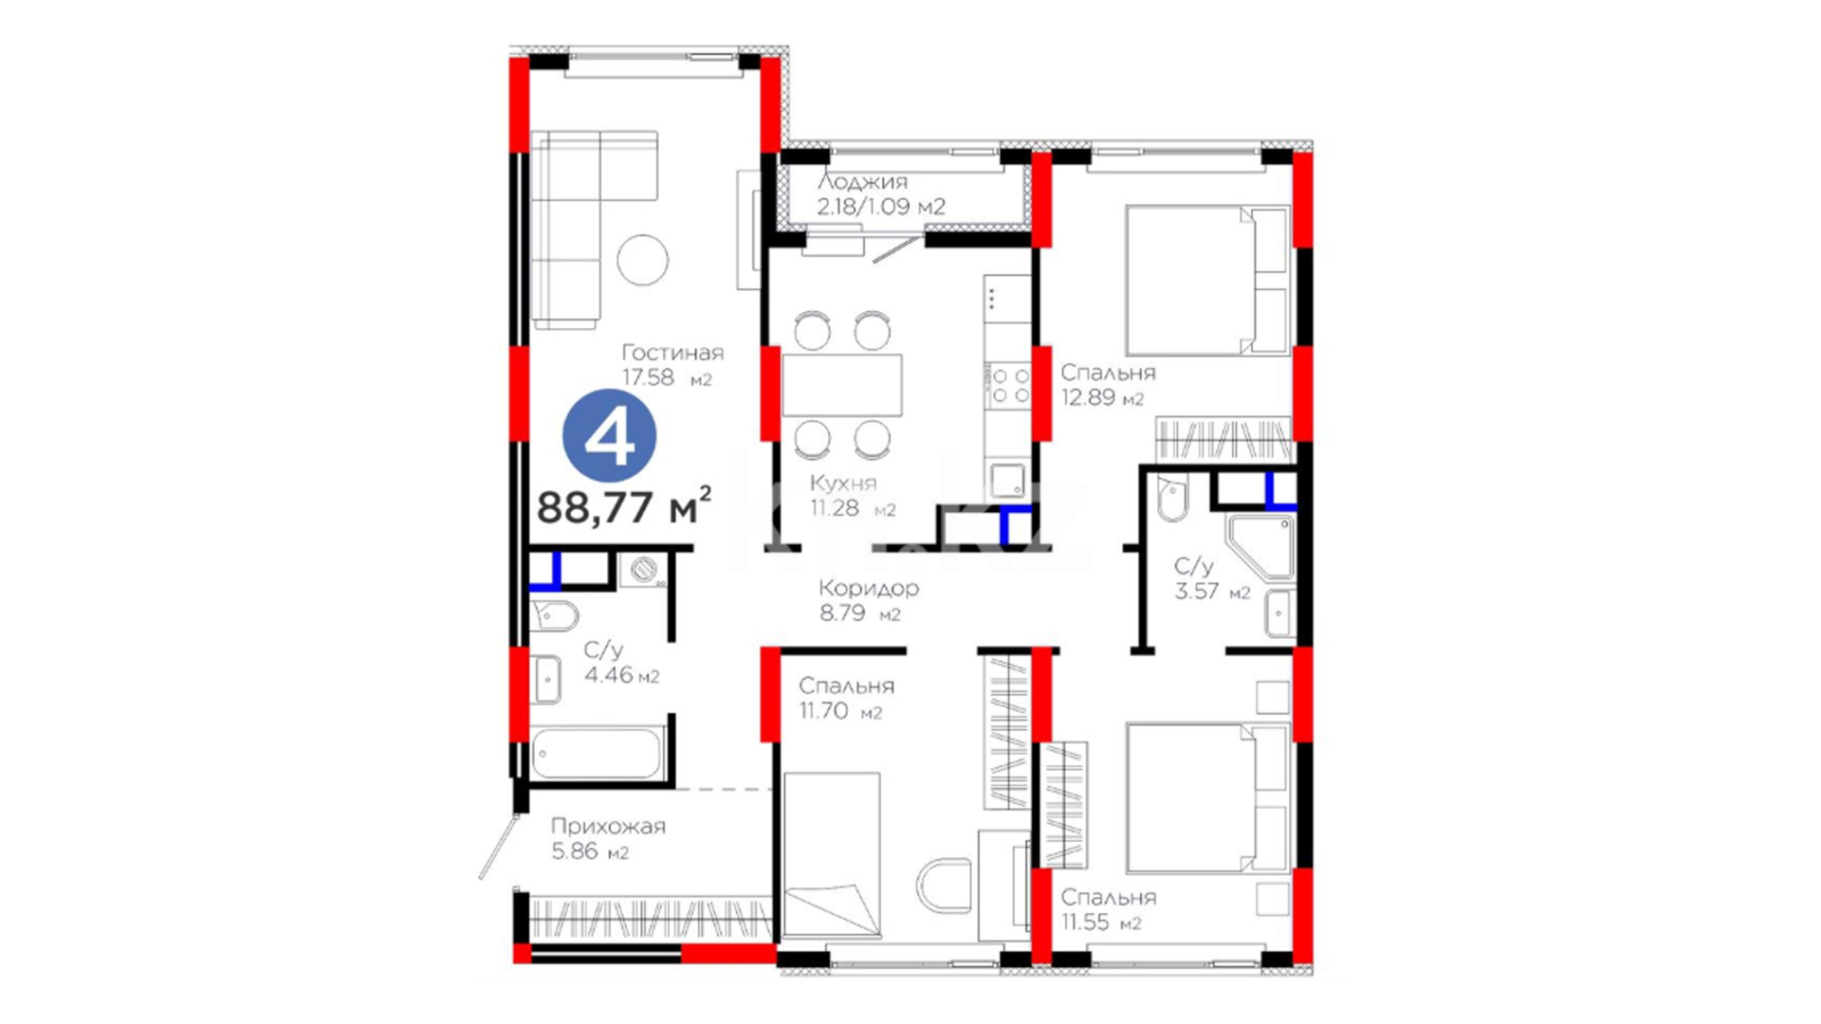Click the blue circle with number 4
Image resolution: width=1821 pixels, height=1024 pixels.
point(609,436)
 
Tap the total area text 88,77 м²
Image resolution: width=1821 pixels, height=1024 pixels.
point(624,506)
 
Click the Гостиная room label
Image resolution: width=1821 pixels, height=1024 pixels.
point(672,353)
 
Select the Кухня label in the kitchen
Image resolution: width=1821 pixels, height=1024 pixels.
point(843,483)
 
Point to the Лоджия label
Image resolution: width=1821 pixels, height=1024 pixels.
point(862,181)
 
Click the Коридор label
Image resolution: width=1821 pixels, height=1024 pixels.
point(869,588)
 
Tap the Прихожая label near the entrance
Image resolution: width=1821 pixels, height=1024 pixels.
point(608,826)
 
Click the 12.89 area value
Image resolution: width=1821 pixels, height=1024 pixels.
point(1088,397)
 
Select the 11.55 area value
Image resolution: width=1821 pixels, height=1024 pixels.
point(1085,922)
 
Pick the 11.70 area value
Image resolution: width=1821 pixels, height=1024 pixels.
point(824,710)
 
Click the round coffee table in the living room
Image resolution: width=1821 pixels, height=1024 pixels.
point(642,259)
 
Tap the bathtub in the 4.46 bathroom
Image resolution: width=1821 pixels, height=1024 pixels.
point(596,754)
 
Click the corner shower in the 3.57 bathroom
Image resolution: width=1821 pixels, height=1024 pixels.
point(1260,546)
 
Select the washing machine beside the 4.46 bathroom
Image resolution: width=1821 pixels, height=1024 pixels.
point(644,570)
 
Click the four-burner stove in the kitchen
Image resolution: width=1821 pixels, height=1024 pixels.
point(1009,386)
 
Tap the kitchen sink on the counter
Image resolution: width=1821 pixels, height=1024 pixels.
point(1008,480)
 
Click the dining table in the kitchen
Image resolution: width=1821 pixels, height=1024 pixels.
point(842,385)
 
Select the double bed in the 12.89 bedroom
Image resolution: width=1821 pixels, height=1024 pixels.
point(1206,281)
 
